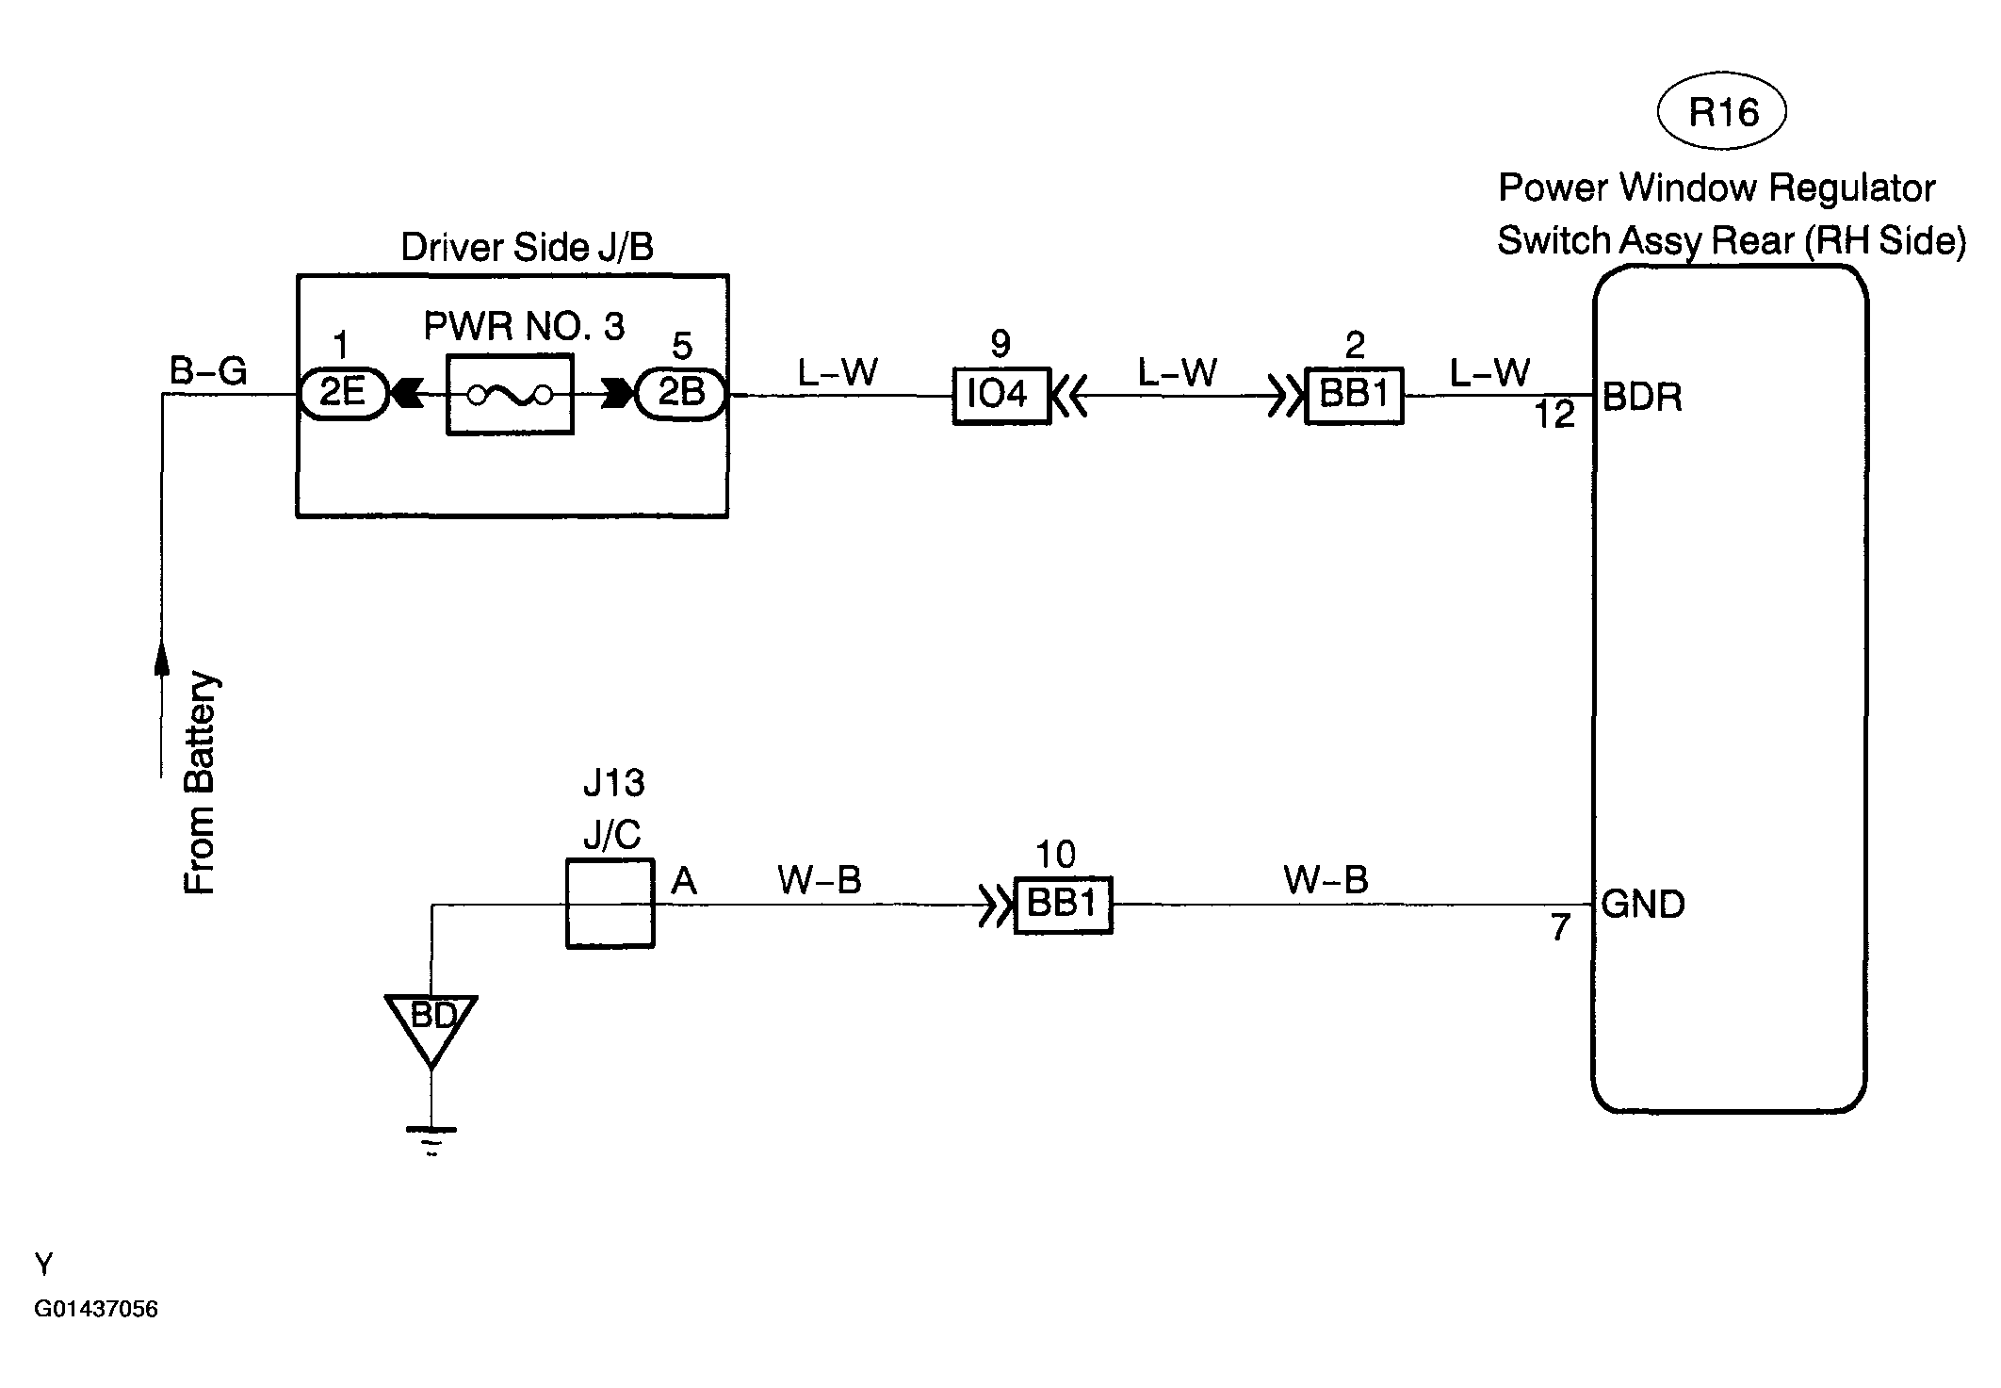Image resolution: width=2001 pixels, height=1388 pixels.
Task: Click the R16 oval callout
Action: [1721, 113]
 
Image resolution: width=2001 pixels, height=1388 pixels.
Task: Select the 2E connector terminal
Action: [343, 394]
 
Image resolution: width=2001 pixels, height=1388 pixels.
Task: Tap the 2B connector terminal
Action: [681, 394]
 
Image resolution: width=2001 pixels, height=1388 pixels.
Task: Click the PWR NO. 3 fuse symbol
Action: [510, 395]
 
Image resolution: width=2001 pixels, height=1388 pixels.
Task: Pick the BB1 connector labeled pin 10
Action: [1063, 906]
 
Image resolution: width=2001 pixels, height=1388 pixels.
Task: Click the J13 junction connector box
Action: [610, 904]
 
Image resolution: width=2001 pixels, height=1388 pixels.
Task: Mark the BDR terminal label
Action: [1642, 398]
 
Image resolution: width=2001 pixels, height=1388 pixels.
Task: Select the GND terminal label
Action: [1643, 905]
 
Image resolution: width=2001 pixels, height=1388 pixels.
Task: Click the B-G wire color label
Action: [208, 371]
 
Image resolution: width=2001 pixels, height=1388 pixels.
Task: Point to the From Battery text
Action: [201, 783]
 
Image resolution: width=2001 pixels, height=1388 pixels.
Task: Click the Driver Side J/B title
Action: [527, 247]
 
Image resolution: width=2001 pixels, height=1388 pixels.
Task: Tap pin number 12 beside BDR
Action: [1554, 416]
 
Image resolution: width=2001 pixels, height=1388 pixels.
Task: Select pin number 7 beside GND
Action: [1561, 928]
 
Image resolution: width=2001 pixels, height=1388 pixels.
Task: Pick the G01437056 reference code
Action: [96, 1309]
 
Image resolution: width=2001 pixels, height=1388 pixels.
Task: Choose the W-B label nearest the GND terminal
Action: [1326, 880]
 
